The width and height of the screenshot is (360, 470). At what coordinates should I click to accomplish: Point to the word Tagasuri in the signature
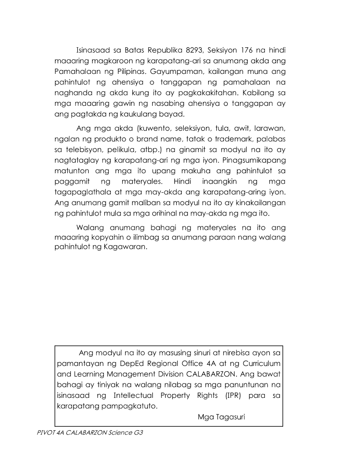pos(231,417)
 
